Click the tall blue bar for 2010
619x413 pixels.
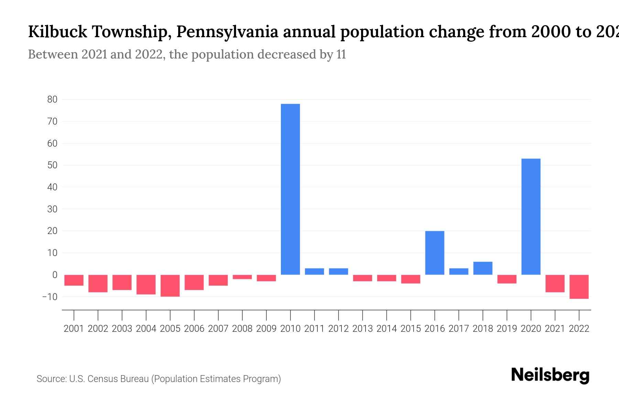tap(290, 189)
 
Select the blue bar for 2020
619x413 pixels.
tap(531, 217)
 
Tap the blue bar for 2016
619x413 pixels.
tap(435, 253)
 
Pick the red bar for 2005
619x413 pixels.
tap(170, 286)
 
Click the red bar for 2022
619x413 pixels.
tap(579, 287)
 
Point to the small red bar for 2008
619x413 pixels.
tap(242, 277)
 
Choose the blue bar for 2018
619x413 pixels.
tap(483, 268)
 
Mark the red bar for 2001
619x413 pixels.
tap(74, 280)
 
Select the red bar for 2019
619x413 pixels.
tap(507, 279)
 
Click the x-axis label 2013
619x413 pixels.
tap(362, 329)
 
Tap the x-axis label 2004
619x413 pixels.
tap(146, 329)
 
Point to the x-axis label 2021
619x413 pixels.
tap(555, 329)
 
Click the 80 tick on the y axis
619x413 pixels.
tap(52, 99)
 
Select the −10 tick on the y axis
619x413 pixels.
tap(50, 297)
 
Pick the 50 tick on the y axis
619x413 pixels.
tap(52, 165)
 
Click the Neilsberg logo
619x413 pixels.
tap(550, 375)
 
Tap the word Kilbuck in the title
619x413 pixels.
tap(57, 32)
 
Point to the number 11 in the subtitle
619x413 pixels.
tap(341, 54)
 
